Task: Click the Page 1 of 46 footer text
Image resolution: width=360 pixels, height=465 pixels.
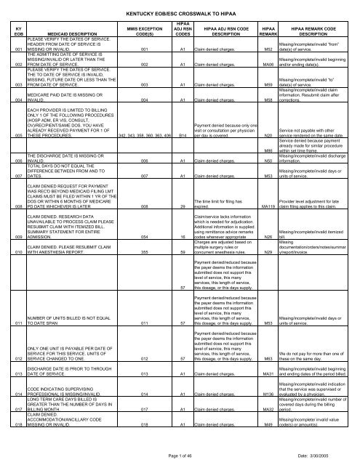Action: (x=180, y=454)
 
